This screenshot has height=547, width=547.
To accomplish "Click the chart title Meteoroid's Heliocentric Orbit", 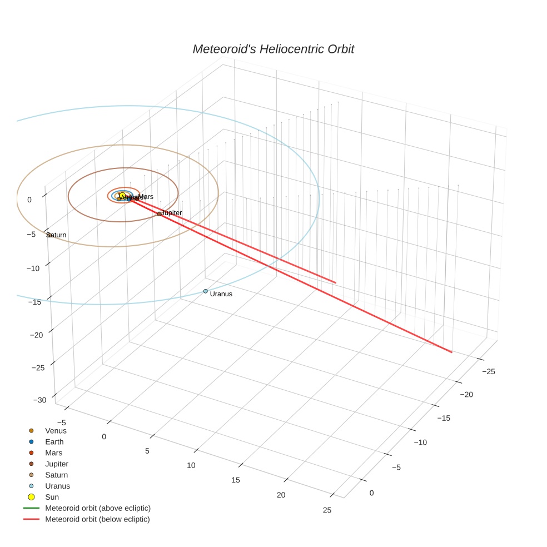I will (x=273, y=49).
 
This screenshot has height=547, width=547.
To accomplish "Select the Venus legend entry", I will (x=56, y=431).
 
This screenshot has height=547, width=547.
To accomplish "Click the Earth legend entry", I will (x=54, y=442).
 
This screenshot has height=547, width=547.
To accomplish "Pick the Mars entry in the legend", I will (x=54, y=453).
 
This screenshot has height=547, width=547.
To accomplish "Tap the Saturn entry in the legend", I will (x=56, y=475).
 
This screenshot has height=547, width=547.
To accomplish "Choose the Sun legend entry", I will (x=52, y=497).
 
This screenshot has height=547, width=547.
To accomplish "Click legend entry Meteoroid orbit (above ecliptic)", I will (x=98, y=508).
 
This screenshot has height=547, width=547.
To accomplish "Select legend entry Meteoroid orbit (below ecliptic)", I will (x=97, y=519).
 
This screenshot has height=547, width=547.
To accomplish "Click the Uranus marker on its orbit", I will (x=205, y=291).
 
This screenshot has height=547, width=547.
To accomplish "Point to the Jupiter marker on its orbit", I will (x=159, y=213).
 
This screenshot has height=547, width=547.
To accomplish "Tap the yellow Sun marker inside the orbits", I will (x=122, y=196).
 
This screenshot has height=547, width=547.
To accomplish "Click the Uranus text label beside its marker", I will (x=221, y=294).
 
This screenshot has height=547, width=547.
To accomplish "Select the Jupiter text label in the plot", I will (x=171, y=213).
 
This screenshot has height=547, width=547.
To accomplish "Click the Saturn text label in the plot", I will (x=56, y=235).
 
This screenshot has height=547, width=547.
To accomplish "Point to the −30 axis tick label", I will (x=40, y=400).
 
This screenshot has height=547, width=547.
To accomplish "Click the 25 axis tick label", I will (x=327, y=510).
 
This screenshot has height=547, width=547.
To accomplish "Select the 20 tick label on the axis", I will (x=281, y=495).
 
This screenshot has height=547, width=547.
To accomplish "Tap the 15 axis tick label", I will (x=236, y=480).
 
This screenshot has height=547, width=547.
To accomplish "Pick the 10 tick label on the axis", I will (x=191, y=465).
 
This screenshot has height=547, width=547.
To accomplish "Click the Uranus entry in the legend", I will (x=57, y=486).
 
